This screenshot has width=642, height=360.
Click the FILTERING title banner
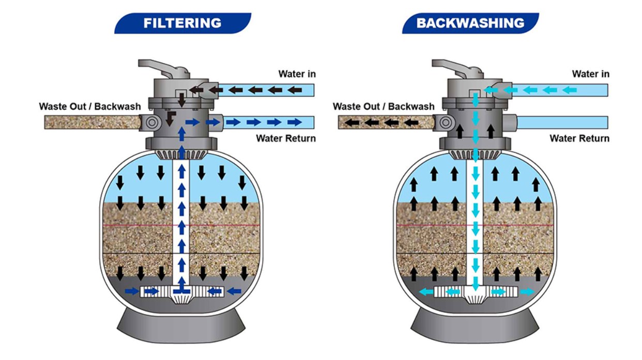pyautogui.click(x=182, y=23)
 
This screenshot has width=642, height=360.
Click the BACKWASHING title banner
pyautogui.click(x=470, y=23)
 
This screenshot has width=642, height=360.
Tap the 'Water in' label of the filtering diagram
pyautogui.click(x=297, y=74)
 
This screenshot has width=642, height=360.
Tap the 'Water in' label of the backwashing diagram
pyautogui.click(x=590, y=74)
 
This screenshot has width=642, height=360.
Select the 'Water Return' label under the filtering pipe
pyautogui.click(x=286, y=138)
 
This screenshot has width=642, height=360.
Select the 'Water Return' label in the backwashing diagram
pyautogui.click(x=579, y=138)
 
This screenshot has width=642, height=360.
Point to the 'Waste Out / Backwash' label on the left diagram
pyautogui.click(x=90, y=107)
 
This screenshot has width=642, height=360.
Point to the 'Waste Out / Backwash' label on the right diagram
pyautogui.click(x=384, y=107)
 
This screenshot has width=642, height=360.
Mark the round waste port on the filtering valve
pyautogui.click(x=152, y=123)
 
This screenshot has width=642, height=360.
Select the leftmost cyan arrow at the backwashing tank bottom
pyautogui.click(x=426, y=292)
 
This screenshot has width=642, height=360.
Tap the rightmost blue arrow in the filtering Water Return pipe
pyautogui.click(x=294, y=123)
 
